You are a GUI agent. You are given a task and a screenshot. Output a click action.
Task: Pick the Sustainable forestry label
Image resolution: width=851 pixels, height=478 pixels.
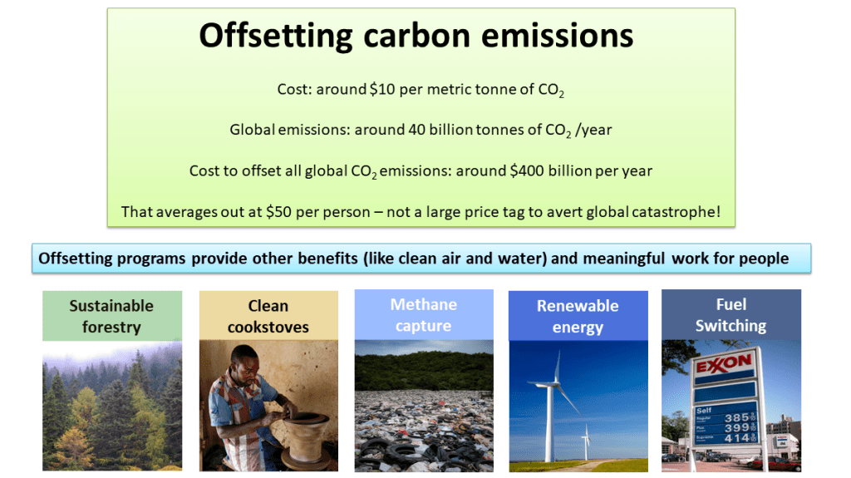[111, 316]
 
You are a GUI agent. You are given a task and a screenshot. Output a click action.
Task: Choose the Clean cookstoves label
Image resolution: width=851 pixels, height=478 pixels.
[268, 316]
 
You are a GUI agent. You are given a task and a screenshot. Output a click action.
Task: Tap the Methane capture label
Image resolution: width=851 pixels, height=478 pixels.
[423, 315]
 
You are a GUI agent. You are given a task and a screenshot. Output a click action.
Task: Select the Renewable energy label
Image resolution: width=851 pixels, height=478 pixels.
[577, 316]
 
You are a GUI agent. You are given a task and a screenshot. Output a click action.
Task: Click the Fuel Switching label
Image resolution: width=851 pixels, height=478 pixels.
[730, 315]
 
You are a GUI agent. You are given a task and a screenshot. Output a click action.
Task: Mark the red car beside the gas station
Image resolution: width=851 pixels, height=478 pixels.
[781, 462]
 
